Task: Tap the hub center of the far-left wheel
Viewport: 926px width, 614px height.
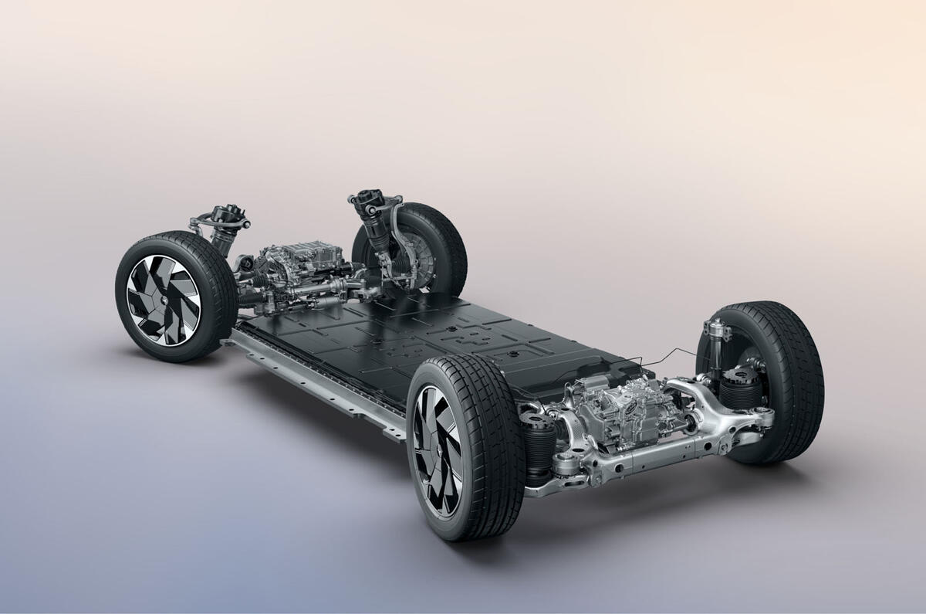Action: pyautogui.click(x=163, y=298)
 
